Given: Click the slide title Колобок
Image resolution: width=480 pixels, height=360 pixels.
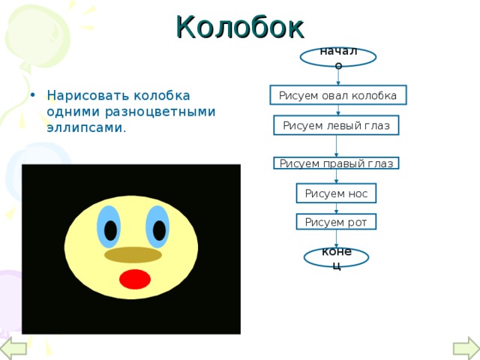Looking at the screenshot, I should point(240,27).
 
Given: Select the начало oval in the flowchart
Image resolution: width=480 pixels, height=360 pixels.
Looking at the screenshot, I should point(338,57).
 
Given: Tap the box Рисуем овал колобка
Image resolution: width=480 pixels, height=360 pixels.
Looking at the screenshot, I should point(338,95).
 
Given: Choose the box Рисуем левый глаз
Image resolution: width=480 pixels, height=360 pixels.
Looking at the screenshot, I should point(336,125).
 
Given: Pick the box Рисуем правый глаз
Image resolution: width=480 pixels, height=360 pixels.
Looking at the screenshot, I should point(336,163).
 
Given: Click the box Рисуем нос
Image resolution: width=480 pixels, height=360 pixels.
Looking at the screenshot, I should point(336,193).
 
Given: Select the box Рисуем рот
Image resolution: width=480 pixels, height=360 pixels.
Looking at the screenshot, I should point(336,222).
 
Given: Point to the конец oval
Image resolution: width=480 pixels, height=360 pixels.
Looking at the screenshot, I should point(337,257).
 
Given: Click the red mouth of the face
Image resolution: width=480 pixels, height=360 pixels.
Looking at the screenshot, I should point(135,279).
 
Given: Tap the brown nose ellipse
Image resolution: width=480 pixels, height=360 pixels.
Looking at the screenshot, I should point(133,255).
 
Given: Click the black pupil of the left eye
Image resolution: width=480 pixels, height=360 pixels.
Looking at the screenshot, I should point(110,230).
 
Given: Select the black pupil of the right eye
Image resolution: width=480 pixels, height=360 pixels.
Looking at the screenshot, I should point(159,230).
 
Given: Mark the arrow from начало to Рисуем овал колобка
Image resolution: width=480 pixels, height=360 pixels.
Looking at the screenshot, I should point(338,77).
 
